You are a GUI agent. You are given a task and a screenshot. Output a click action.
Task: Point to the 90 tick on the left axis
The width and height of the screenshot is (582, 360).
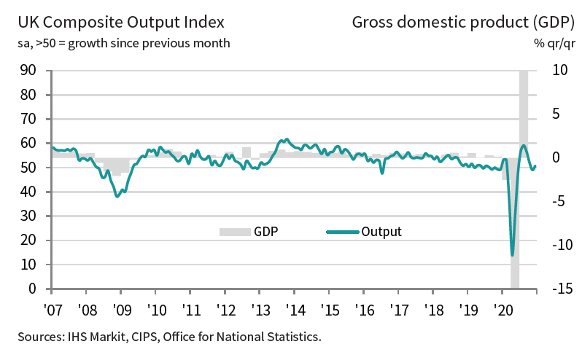pos(29,71)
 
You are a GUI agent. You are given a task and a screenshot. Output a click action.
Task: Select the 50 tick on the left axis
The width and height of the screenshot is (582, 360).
pos(29,168)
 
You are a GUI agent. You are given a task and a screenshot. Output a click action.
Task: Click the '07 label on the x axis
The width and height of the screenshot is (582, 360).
pos(52,308)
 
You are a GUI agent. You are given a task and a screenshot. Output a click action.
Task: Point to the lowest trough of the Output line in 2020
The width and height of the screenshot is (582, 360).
pos(513,254)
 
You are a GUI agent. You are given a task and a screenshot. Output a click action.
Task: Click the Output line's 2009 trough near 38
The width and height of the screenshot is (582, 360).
pos(117,196)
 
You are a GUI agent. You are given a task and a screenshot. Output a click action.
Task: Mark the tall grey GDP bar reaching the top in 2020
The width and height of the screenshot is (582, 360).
pos(524,109)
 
